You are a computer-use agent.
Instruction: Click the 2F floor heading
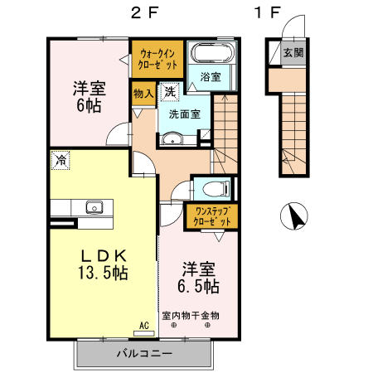click(x=143, y=13)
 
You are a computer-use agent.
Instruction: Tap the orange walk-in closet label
click(x=157, y=58)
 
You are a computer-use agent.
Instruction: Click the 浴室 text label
click(x=211, y=77)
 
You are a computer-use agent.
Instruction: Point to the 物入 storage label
click(x=143, y=94)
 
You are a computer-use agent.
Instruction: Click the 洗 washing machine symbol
click(x=169, y=91)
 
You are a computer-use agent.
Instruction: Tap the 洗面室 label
click(x=184, y=114)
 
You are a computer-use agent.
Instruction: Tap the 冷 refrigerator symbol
click(x=61, y=160)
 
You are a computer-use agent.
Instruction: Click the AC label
click(x=143, y=326)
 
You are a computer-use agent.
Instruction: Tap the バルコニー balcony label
click(x=143, y=354)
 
